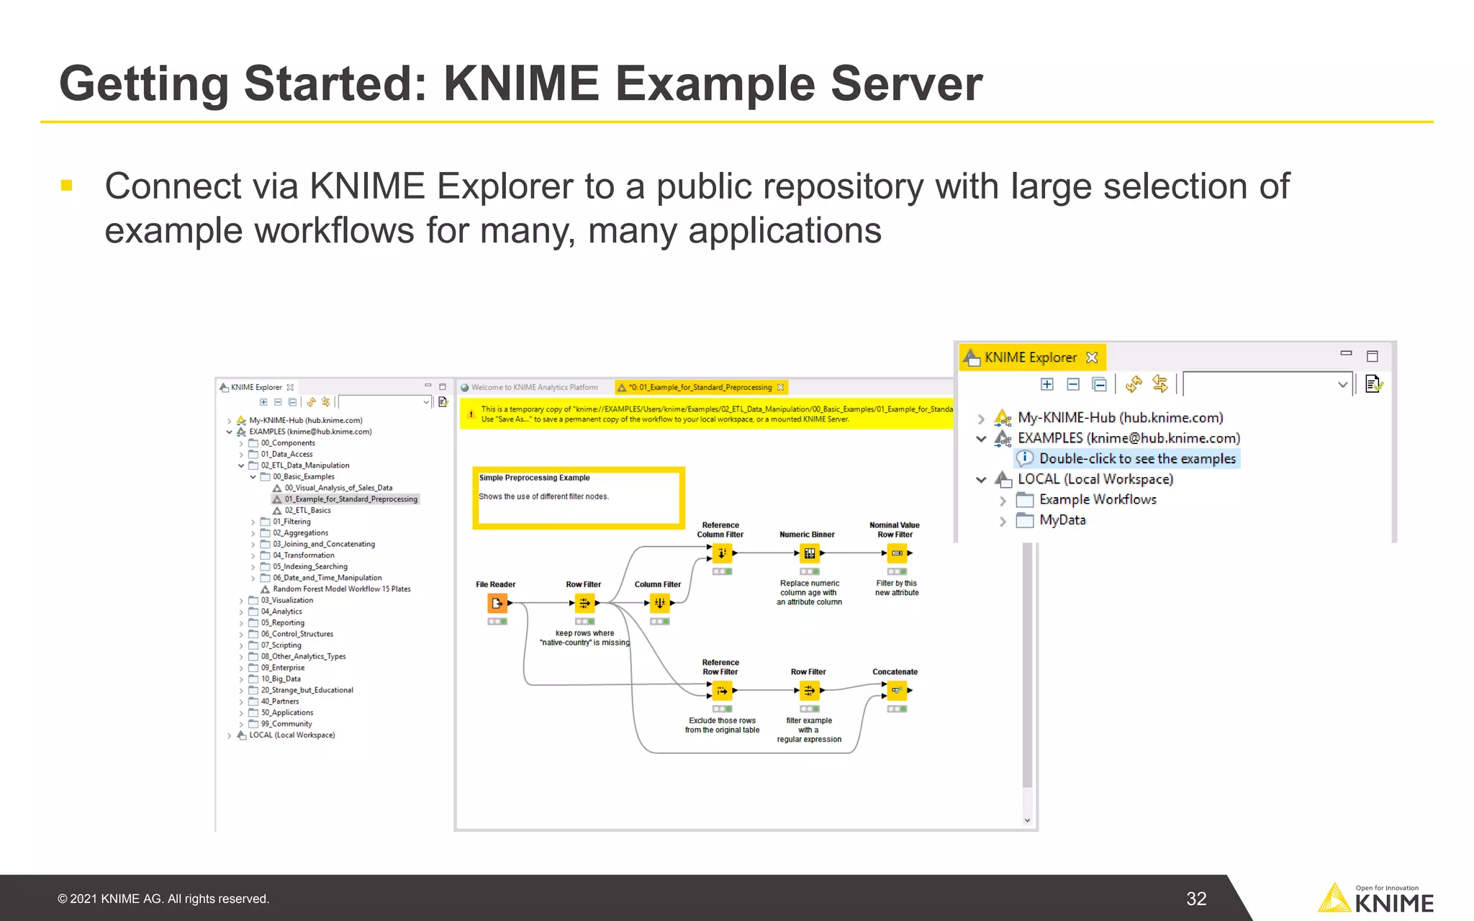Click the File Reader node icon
(x=497, y=603)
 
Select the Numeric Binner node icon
(x=810, y=553)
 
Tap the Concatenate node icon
(x=897, y=691)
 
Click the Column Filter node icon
(x=659, y=603)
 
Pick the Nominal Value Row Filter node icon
(x=897, y=553)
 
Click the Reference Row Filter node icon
(x=722, y=691)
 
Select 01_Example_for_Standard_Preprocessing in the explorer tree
(x=350, y=499)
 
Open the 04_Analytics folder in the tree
(x=281, y=612)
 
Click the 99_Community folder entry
(x=286, y=724)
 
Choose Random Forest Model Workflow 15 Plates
(x=341, y=589)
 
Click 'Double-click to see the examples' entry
(x=1136, y=458)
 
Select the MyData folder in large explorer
(x=1062, y=520)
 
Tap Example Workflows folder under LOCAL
(x=1097, y=499)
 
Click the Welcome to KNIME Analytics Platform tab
(x=534, y=387)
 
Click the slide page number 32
(x=1195, y=899)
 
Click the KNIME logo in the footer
(x=1375, y=899)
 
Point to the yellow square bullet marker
(x=67, y=186)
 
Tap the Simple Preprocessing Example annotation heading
(x=534, y=478)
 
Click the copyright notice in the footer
(x=163, y=899)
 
